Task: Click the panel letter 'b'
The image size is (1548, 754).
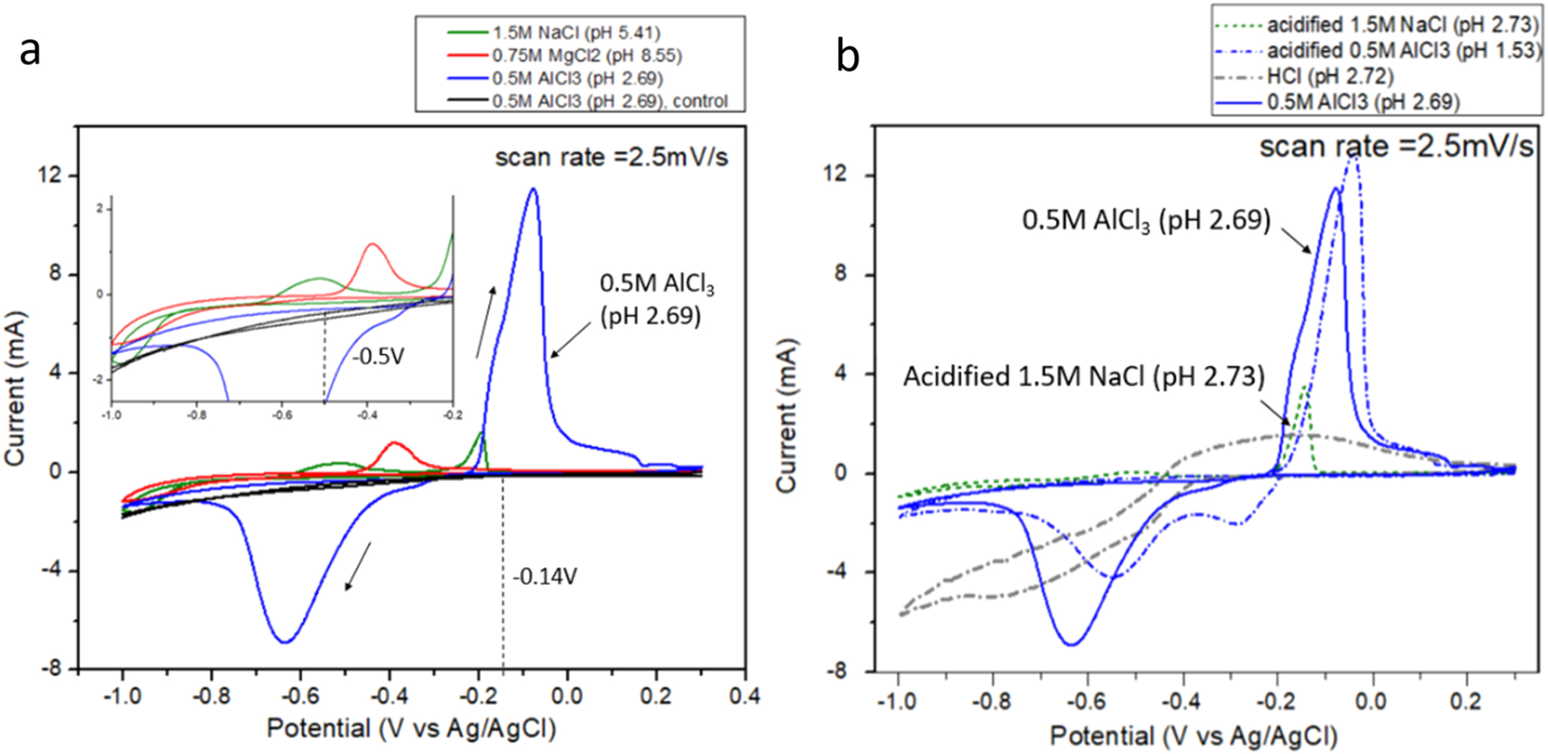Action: [847, 58]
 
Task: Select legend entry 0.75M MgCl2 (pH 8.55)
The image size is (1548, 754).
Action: [587, 55]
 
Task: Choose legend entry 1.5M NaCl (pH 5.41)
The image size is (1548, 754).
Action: [576, 32]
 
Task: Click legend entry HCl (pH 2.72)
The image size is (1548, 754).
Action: [1330, 76]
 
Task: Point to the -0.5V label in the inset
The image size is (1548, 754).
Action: [378, 357]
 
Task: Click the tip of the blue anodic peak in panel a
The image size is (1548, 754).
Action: [532, 189]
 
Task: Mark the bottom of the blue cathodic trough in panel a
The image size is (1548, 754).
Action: [286, 641]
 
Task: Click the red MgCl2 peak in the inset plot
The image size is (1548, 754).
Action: [372, 245]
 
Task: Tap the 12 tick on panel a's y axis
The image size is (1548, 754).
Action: [56, 176]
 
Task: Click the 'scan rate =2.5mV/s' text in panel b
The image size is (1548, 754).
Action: [1395, 147]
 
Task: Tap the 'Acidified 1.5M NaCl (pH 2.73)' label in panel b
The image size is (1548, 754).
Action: [1084, 376]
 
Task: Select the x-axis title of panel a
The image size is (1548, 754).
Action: [411, 728]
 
